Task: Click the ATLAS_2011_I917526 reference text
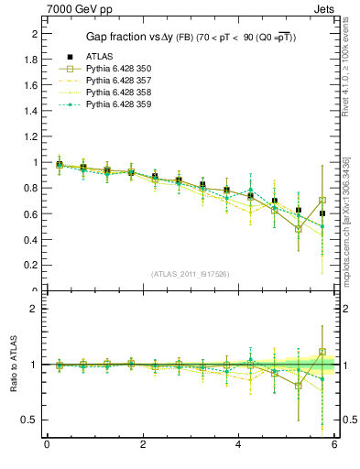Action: [191, 274]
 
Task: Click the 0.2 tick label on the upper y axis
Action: [34, 266]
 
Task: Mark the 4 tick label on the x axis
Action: [239, 445]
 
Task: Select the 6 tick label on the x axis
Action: [335, 445]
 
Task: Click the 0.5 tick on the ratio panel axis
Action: [33, 420]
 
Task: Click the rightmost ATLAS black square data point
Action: [322, 213]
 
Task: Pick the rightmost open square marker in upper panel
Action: [322, 201]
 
